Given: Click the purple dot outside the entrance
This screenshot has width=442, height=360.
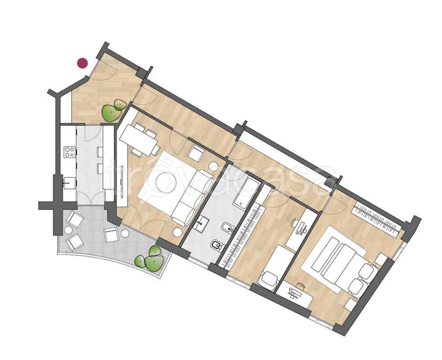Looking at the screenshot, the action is [x=82, y=63].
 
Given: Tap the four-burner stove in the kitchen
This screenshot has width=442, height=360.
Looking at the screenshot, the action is [x=70, y=152].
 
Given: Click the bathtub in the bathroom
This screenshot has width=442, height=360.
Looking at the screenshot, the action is [x=246, y=191].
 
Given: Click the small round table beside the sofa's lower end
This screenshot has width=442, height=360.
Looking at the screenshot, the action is [x=177, y=232].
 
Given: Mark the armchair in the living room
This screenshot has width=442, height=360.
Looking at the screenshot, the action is [x=195, y=153].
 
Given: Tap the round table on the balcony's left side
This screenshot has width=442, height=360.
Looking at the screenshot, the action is [x=68, y=230].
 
